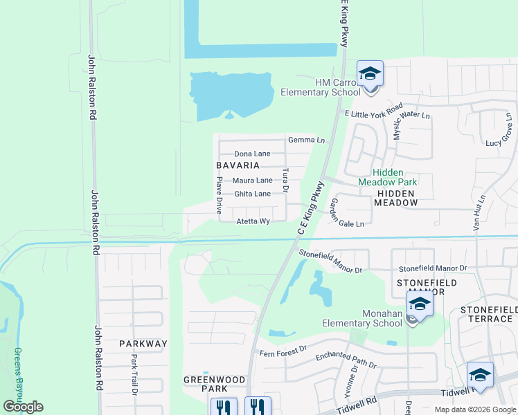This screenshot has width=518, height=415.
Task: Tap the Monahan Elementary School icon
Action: pos(420,304)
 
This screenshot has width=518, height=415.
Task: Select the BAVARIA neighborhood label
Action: pos(238,165)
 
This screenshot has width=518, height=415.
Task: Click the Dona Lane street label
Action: pos(252,154)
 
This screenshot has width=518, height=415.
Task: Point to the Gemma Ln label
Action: pos(306,140)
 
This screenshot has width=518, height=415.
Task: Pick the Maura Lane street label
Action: pos(252,181)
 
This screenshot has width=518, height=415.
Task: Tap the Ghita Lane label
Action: pos(252,194)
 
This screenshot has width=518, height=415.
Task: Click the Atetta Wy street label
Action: pos(253,221)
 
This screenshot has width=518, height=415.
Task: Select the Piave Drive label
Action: pos(219,194)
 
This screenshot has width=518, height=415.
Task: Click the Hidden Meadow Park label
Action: pos(388,176)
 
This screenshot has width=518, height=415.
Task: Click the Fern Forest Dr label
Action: pos(282,351)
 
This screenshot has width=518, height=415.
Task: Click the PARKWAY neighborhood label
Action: pos(143,343)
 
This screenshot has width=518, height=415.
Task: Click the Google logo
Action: pos(23,407)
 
